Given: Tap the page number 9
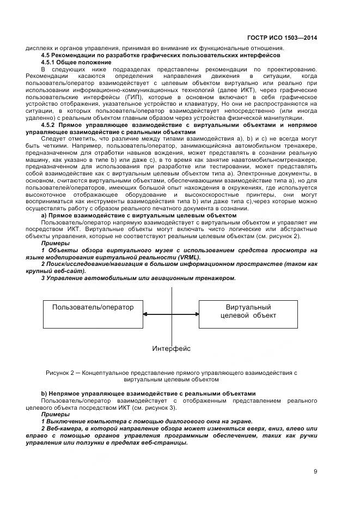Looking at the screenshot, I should click(x=315, y=472).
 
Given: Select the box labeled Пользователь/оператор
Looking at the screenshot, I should click(x=93, y=314).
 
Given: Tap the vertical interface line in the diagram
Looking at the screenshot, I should click(x=172, y=294).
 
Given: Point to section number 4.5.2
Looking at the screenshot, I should click(x=51, y=125).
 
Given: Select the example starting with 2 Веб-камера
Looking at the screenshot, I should click(x=172, y=435).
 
